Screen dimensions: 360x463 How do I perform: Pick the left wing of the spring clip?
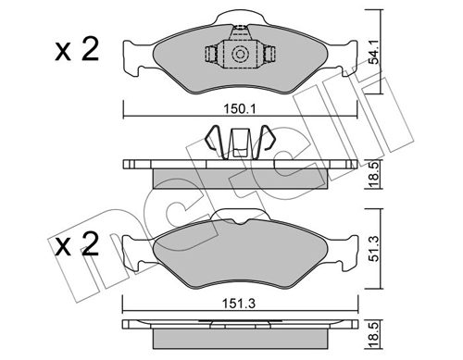click(214, 144)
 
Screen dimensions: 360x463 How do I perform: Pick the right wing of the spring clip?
click(265, 144)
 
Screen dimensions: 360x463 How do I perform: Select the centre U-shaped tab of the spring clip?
click(240, 144)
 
